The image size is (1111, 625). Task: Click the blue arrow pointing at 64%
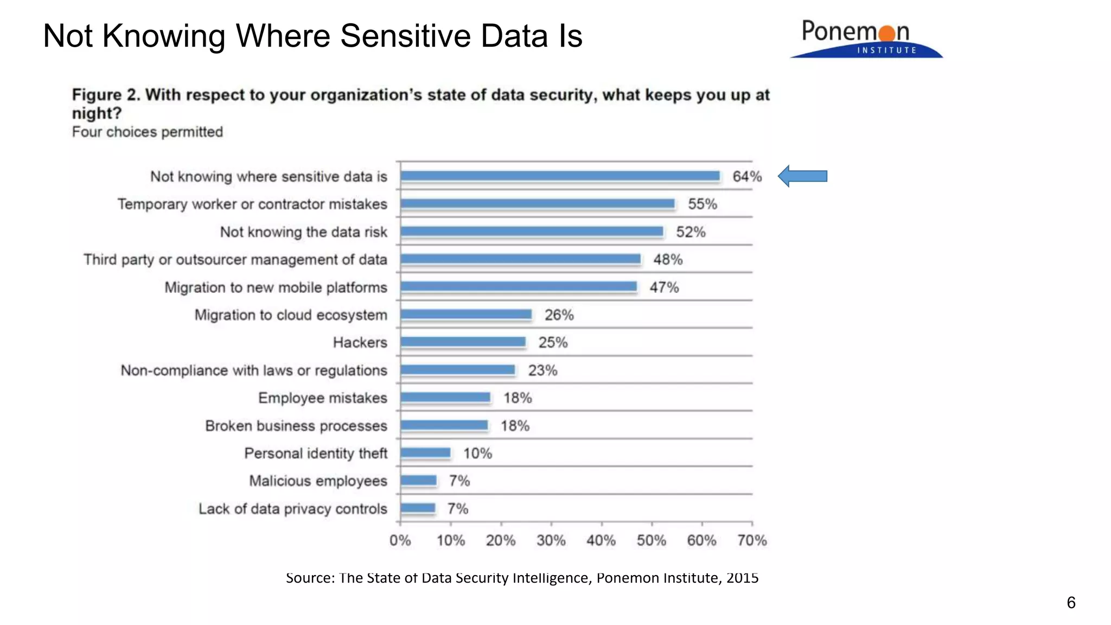tap(803, 176)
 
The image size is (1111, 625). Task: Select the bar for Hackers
tap(463, 342)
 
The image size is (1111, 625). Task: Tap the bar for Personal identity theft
tap(426, 452)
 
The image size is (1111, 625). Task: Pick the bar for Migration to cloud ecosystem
tap(467, 314)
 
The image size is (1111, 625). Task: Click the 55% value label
tap(703, 204)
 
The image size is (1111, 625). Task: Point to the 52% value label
tap(691, 232)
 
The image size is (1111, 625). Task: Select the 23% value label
tap(542, 371)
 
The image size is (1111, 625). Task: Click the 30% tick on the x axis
tap(551, 540)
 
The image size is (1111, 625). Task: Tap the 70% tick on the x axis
tap(752, 540)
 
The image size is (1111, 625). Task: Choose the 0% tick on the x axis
tap(400, 540)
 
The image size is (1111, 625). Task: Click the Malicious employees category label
tap(318, 481)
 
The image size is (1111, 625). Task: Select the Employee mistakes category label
tap(322, 398)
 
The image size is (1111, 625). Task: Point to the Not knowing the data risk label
tap(303, 232)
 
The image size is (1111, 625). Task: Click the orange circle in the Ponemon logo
tap(887, 33)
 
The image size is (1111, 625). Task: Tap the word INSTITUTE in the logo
tap(886, 50)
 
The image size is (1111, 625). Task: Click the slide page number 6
tap(1071, 603)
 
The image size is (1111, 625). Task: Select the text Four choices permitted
tap(148, 132)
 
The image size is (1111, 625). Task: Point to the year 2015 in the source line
tap(742, 578)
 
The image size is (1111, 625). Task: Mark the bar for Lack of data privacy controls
tap(418, 508)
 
